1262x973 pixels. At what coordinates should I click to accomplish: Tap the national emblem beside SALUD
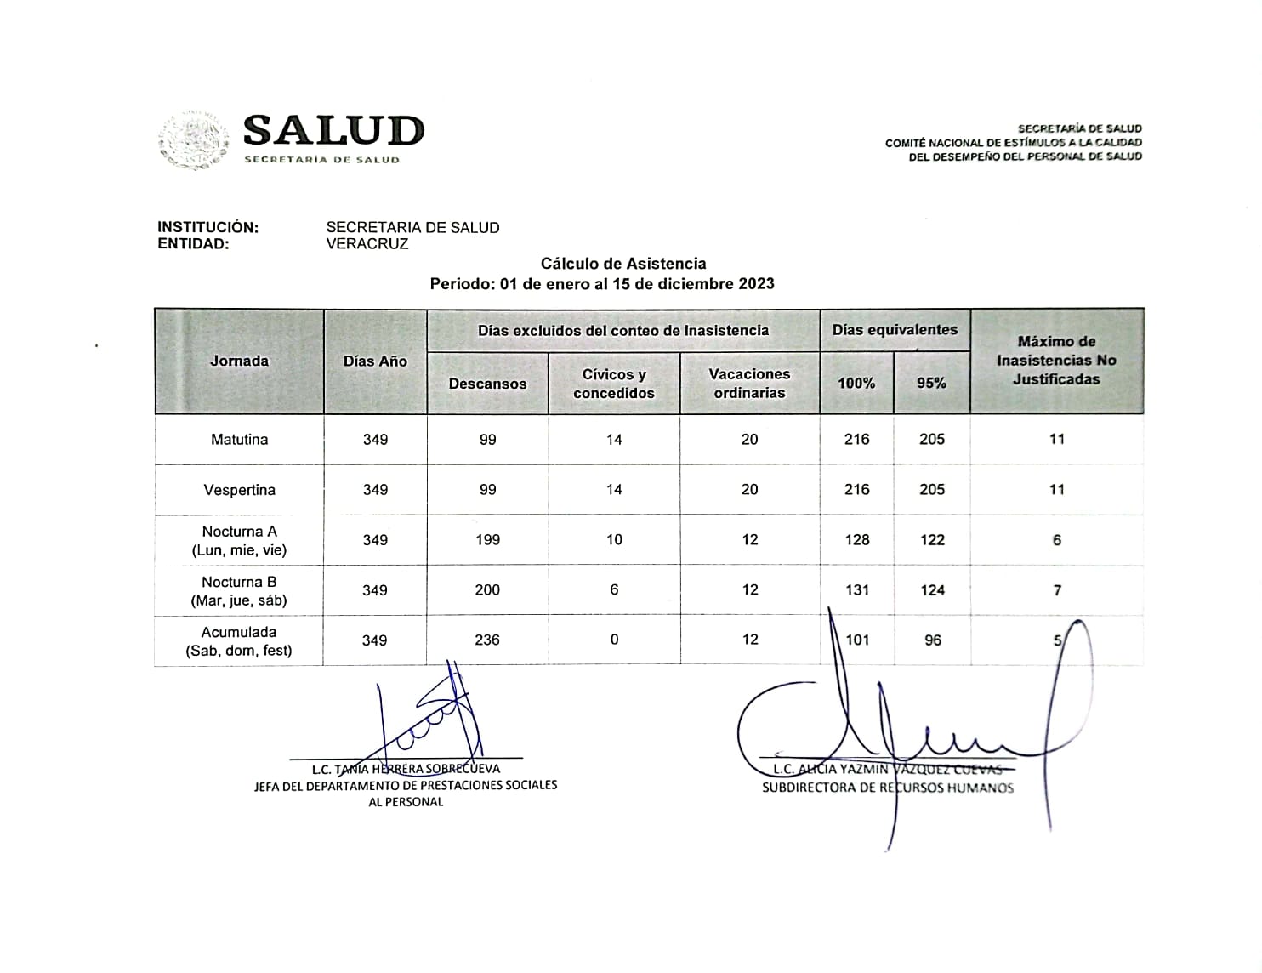point(194,140)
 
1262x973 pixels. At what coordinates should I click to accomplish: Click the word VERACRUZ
point(367,243)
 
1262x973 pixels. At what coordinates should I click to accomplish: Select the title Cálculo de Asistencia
point(623,264)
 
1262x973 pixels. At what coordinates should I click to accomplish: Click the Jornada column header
point(239,361)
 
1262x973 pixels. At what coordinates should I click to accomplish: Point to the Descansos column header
point(487,384)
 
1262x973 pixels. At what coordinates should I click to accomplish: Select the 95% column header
point(931,383)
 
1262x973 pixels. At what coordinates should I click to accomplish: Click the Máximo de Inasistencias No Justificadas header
point(1056,361)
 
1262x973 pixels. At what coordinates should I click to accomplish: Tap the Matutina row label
point(239,440)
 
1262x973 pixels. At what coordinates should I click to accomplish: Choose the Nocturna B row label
point(239,591)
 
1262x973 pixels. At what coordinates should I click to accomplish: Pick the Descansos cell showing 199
point(487,540)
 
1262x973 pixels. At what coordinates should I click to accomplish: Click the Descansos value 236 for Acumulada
point(487,640)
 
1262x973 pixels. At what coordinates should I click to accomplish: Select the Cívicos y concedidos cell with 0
point(614,640)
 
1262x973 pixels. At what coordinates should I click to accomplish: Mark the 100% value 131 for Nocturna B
point(857,590)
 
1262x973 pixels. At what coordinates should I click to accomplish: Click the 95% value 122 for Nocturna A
point(932,540)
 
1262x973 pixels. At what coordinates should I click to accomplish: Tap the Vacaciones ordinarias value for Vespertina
point(749,490)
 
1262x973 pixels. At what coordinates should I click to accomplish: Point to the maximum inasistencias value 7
point(1057,590)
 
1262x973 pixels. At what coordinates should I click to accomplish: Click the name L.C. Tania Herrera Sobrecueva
point(406,769)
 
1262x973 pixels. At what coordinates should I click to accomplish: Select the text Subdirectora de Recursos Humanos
point(887,788)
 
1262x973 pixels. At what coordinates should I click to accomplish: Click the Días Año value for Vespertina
point(375,490)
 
